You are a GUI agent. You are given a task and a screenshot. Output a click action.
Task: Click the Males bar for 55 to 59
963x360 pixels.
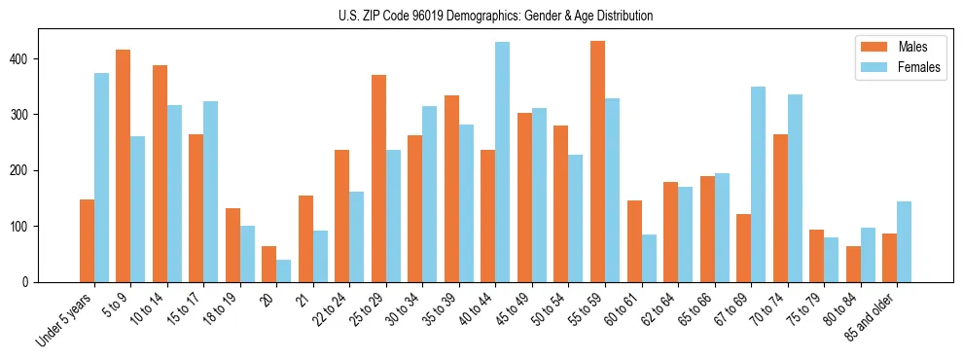pos(598,162)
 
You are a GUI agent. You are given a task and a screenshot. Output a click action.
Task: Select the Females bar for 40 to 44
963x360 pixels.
pos(503,162)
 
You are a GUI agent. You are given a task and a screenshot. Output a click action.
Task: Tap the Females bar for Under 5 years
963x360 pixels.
pos(101,177)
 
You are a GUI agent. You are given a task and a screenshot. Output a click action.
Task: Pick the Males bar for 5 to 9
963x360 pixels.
pos(124,165)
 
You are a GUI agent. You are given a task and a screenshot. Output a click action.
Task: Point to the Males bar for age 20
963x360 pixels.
pos(269,264)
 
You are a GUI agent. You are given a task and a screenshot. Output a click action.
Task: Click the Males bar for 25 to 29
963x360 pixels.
pos(379,178)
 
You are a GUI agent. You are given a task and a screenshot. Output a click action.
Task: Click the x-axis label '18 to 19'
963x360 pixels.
pos(218,308)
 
